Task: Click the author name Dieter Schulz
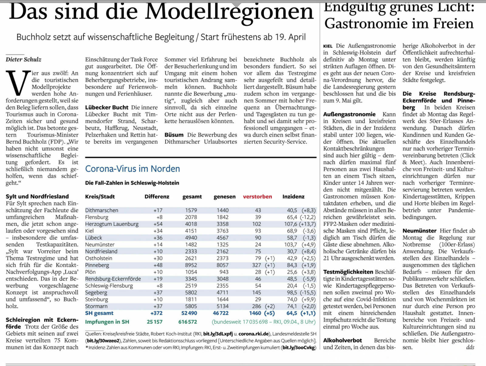(23, 60)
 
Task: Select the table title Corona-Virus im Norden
(132, 169)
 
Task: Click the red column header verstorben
(257, 197)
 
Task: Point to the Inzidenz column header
(293, 197)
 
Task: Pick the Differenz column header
(157, 197)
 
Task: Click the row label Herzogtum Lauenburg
(111, 224)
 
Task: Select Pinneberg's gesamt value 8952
(191, 265)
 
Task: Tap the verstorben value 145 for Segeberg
(256, 292)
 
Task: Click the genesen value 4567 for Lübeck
(222, 238)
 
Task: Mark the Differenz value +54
(158, 224)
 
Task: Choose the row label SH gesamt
(99, 313)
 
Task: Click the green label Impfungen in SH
(107, 322)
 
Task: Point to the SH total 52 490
(189, 313)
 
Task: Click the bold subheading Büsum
(174, 135)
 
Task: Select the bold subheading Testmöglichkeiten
(348, 272)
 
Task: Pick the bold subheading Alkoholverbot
(342, 340)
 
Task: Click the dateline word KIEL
(328, 46)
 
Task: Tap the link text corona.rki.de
(253, 334)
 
